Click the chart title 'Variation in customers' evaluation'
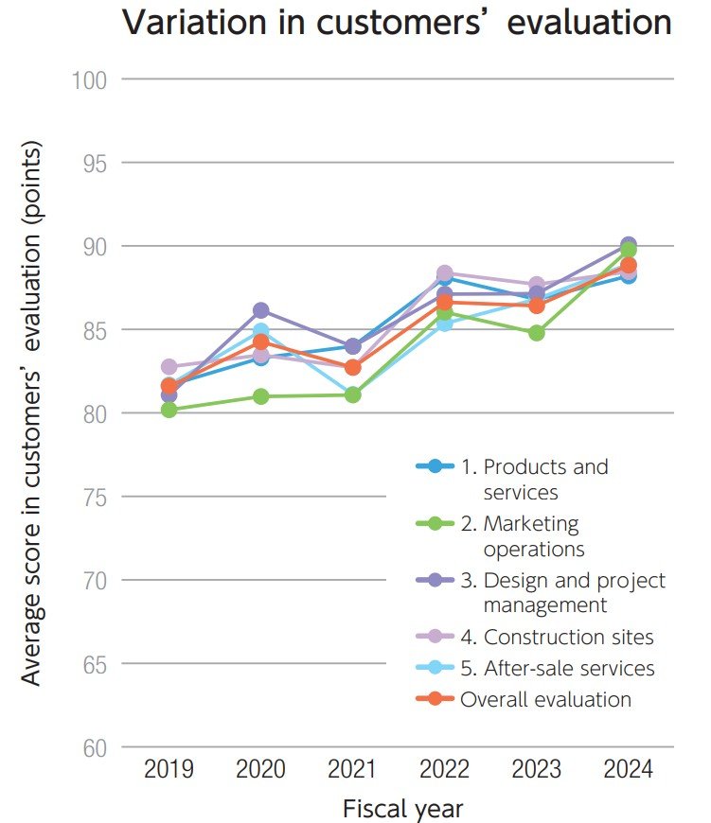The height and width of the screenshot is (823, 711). click(x=397, y=24)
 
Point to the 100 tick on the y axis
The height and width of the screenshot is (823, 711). click(x=88, y=79)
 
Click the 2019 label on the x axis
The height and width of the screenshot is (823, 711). click(x=169, y=769)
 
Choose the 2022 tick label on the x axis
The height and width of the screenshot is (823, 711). click(x=444, y=769)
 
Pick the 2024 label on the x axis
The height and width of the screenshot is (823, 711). click(x=628, y=769)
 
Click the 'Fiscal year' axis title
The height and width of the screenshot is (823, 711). click(x=402, y=809)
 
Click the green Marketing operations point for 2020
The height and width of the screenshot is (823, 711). click(x=261, y=396)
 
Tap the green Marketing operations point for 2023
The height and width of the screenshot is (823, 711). click(x=537, y=333)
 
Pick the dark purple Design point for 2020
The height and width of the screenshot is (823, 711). click(x=261, y=310)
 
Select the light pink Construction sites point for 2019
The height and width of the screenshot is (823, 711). click(x=169, y=366)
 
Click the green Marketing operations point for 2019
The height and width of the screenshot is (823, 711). click(x=169, y=410)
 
